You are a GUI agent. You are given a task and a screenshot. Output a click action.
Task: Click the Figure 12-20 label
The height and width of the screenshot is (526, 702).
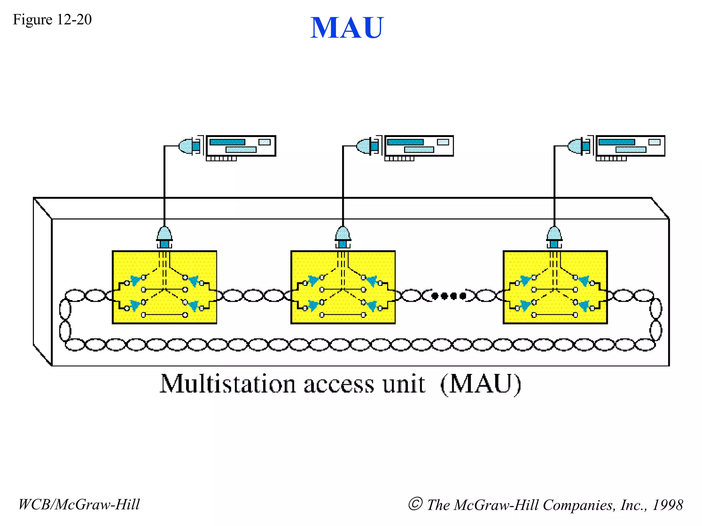pyautogui.click(x=52, y=20)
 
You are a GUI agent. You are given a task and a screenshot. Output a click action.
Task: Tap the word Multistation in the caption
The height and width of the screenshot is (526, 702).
pyautogui.click(x=228, y=384)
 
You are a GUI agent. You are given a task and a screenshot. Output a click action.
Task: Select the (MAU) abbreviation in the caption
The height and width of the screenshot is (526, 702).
pyautogui.click(x=481, y=384)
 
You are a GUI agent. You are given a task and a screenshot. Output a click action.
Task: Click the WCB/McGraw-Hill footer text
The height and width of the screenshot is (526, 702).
pyautogui.click(x=79, y=504)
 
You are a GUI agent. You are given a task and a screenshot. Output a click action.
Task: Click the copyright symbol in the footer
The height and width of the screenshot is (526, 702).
pyautogui.click(x=415, y=504)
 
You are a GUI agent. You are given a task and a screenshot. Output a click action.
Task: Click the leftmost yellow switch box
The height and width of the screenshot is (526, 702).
pyautogui.click(x=165, y=287)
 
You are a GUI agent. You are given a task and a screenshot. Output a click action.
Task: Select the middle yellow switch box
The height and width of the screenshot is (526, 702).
pyautogui.click(x=343, y=287)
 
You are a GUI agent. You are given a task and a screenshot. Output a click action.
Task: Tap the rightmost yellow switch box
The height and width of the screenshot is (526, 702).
pyautogui.click(x=555, y=287)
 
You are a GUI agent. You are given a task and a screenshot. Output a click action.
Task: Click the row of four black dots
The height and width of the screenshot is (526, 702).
pyautogui.click(x=448, y=296)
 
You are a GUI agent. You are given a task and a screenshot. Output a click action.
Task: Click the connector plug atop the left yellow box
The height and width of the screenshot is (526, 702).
pyautogui.click(x=165, y=237)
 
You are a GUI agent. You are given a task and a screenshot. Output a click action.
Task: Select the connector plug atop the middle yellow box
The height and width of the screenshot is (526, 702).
pyautogui.click(x=343, y=237)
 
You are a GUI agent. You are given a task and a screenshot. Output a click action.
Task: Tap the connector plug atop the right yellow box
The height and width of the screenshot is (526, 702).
pyautogui.click(x=554, y=237)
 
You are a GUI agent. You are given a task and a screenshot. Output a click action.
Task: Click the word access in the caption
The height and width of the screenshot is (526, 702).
pyautogui.click(x=339, y=385)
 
